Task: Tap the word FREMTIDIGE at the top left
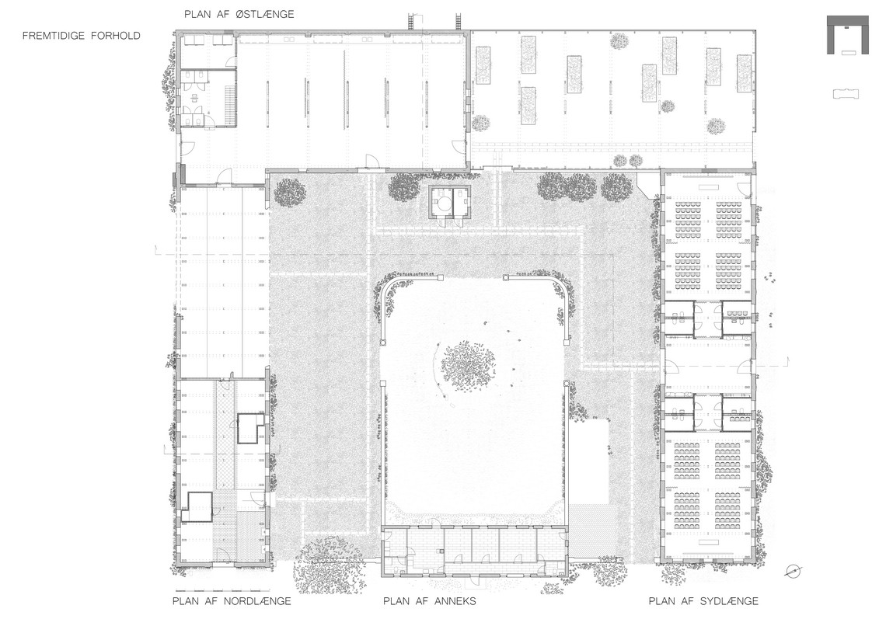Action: (x=54, y=36)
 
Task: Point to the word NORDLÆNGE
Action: (x=257, y=601)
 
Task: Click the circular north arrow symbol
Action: (x=793, y=572)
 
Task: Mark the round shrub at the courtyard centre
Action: (x=467, y=362)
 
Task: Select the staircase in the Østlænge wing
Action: (x=228, y=103)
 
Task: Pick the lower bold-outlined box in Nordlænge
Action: (x=200, y=507)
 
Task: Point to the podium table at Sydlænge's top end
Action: (x=706, y=187)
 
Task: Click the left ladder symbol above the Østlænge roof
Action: (x=412, y=22)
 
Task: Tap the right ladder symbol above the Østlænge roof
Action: (x=459, y=22)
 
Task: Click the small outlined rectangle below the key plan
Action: (x=846, y=94)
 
